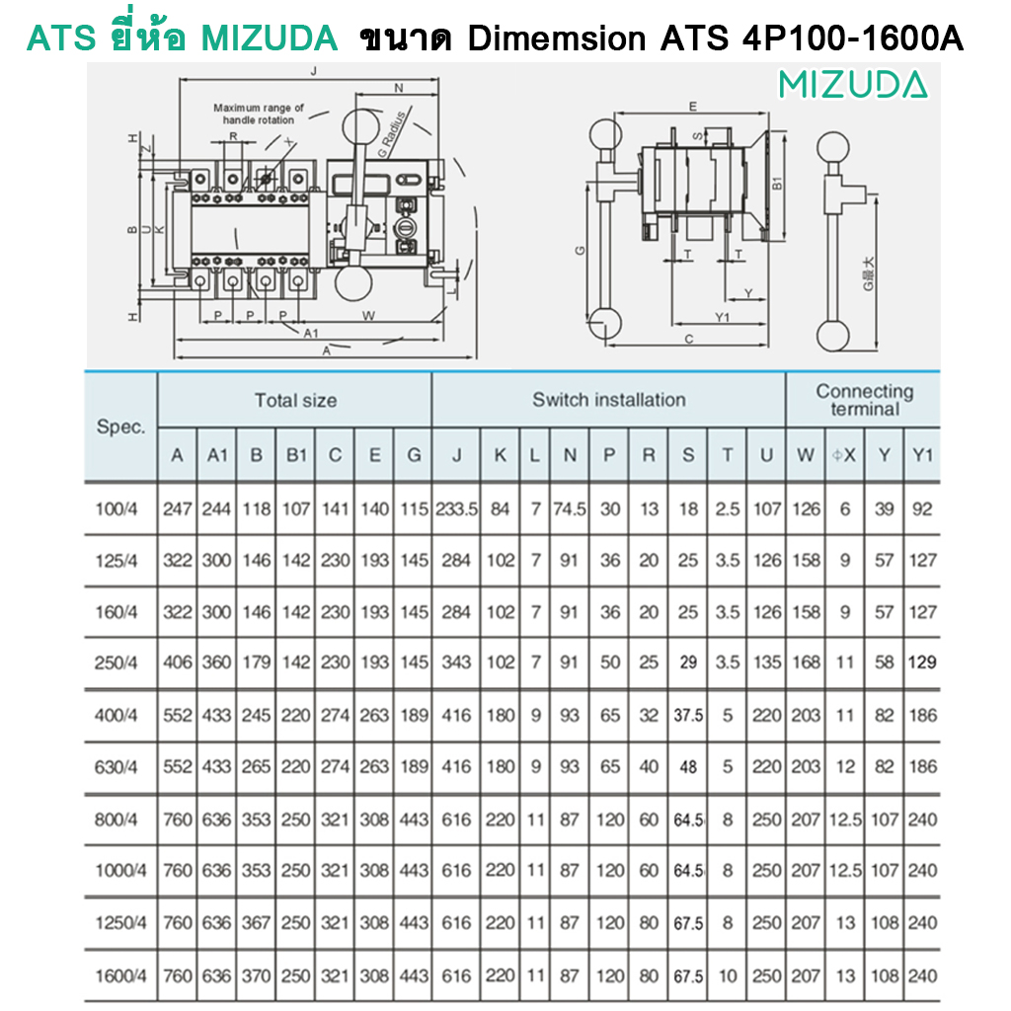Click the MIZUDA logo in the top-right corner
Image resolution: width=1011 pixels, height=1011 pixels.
pyautogui.click(x=853, y=85)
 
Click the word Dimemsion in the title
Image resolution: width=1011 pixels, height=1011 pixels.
pyautogui.click(x=557, y=39)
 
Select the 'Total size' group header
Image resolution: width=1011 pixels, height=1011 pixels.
pyautogui.click(x=295, y=401)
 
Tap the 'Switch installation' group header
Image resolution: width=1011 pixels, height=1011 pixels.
pyautogui.click(x=608, y=400)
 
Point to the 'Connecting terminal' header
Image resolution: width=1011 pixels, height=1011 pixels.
pyautogui.click(x=865, y=400)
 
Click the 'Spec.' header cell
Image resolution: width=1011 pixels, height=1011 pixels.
pyautogui.click(x=120, y=427)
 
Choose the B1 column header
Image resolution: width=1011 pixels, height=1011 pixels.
pyautogui.click(x=296, y=455)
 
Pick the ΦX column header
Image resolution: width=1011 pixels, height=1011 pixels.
pyautogui.click(x=844, y=455)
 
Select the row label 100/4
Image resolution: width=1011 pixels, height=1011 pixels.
pyautogui.click(x=117, y=509)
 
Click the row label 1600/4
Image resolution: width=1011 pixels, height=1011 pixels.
pyautogui.click(x=120, y=976)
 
